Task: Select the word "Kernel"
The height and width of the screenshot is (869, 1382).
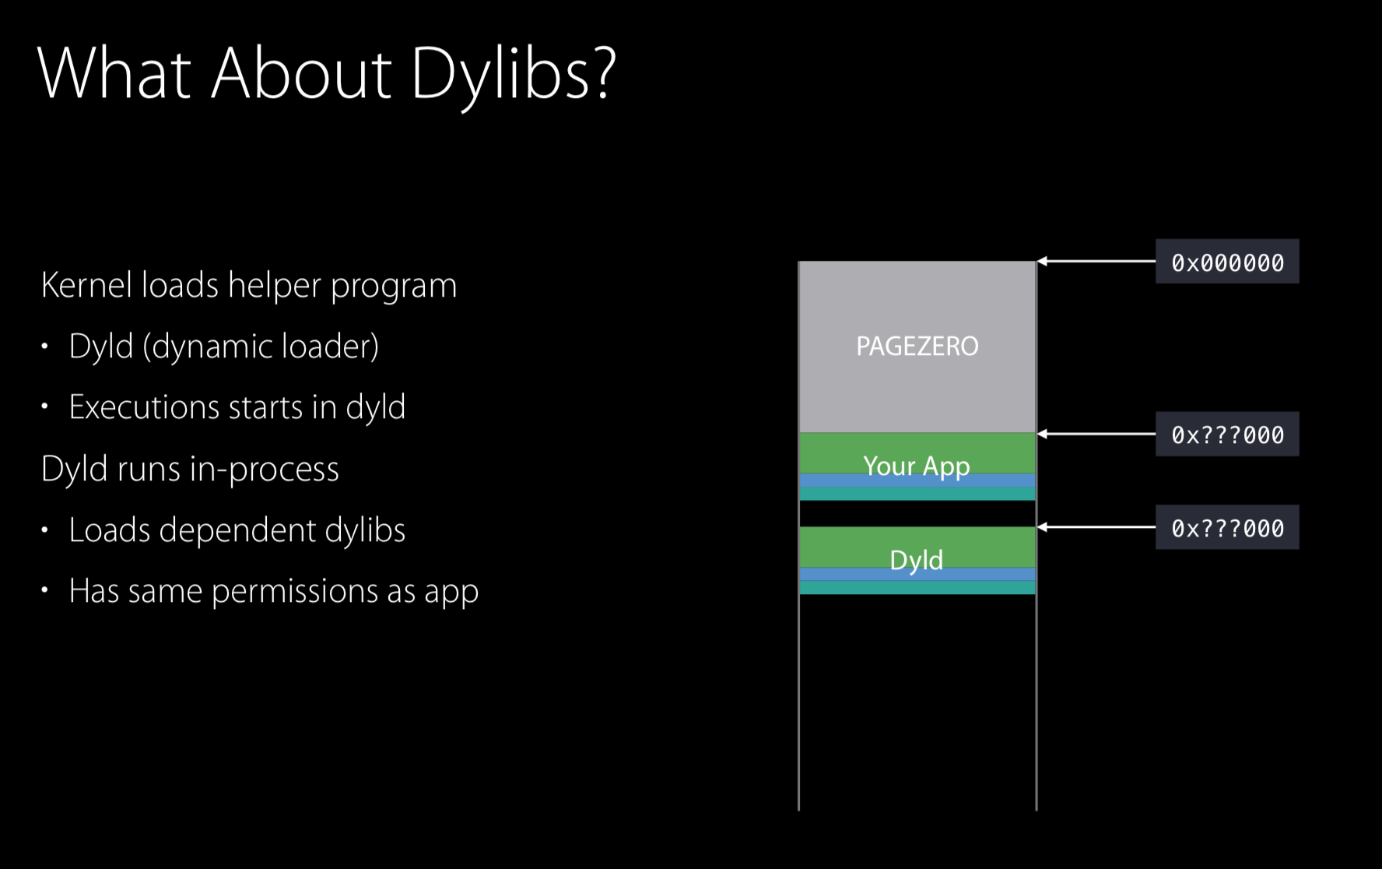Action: pos(87,285)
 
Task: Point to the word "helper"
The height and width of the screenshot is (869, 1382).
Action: pos(275,287)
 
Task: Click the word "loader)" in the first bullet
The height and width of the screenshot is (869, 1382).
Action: pos(331,347)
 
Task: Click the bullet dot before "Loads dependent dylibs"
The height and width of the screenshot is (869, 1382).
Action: pos(45,530)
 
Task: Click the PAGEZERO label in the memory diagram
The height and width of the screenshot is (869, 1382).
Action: pos(917,346)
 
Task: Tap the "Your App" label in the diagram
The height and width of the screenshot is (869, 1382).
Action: pos(917,466)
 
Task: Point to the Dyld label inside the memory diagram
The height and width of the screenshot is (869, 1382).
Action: pos(917,560)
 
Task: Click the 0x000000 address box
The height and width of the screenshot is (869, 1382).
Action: pos(1227,262)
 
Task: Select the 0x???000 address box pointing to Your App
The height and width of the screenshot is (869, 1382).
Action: pos(1227,434)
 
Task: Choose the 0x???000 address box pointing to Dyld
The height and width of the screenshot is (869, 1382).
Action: pos(1227,527)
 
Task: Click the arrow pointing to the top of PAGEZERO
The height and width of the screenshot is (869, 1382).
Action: pos(1096,262)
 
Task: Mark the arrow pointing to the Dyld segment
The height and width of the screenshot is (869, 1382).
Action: pos(1096,527)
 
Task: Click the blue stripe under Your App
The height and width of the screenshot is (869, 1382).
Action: pos(917,480)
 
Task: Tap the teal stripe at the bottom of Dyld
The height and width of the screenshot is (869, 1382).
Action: pos(917,588)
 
